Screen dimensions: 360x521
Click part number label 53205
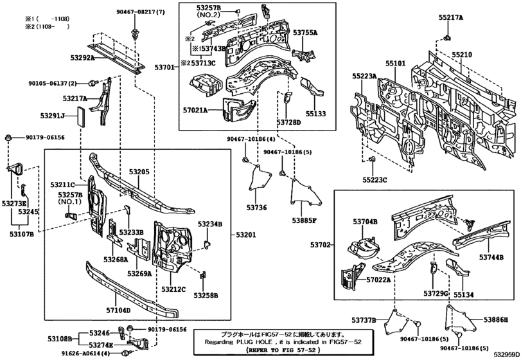tap(138, 172)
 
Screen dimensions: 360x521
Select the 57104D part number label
tap(118, 310)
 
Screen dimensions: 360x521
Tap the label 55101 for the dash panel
tap(396, 64)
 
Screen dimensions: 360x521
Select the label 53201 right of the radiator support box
tap(244, 235)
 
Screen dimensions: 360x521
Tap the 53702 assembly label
tap(321, 244)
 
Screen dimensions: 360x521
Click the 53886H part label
tap(496, 319)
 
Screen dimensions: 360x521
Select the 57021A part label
tap(195, 111)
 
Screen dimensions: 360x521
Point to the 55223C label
tap(375, 179)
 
